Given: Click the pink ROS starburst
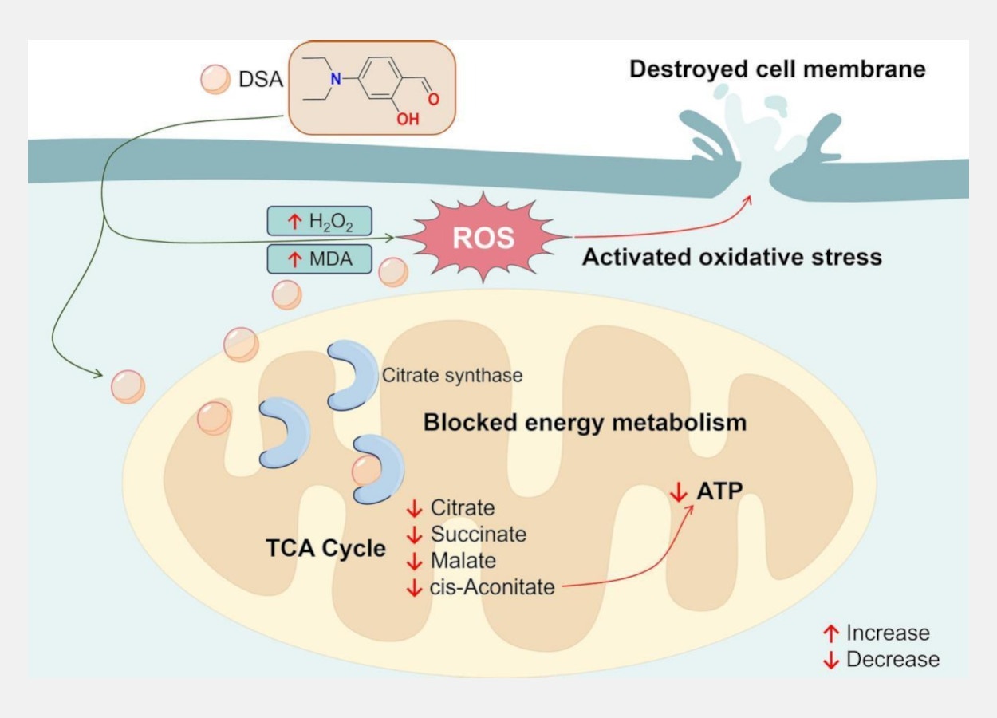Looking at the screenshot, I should coord(483,238).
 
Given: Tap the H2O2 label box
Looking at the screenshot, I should coord(319,221).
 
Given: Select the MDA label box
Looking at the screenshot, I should coord(319,259).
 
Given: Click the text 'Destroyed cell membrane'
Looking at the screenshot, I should coord(778,69).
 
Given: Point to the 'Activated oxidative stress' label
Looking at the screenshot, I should coord(732,258).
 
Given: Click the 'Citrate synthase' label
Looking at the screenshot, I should coord(452,375).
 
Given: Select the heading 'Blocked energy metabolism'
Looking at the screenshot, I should coord(585,422).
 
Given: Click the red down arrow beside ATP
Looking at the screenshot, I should coord(678,493).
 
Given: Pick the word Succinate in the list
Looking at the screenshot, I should coord(479,534).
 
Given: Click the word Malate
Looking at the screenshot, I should coord(463,560).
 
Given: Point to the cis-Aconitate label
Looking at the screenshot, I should coord(492,587).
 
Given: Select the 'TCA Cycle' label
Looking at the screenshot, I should coord(325,549).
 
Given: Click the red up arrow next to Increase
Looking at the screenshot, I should coord(831,634).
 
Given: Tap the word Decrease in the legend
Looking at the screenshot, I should coord(893,660).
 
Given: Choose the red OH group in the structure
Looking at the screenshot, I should coord(408,120).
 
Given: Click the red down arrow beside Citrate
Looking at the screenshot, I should coord(414,508).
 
